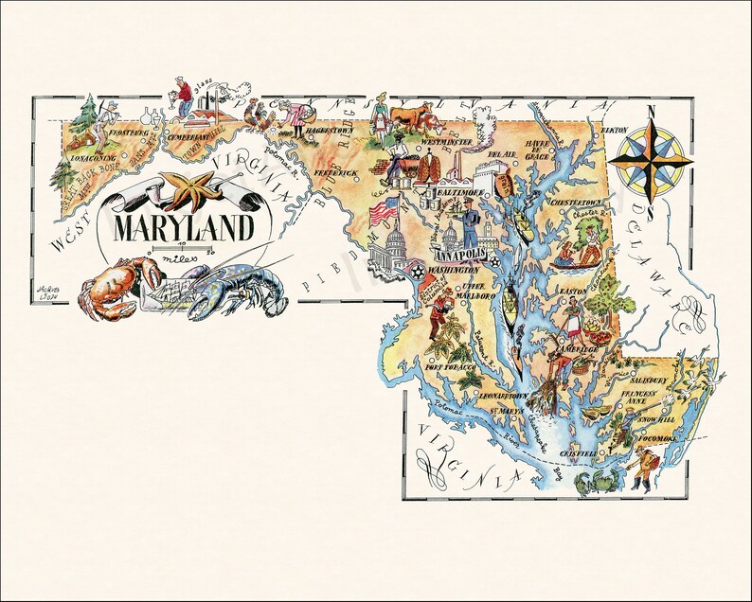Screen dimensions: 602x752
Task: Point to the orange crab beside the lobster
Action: click(x=113, y=287)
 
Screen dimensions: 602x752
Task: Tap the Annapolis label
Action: click(x=458, y=256)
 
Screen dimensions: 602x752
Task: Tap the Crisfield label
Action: click(x=580, y=453)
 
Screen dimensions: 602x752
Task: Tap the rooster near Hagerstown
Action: click(x=260, y=116)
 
